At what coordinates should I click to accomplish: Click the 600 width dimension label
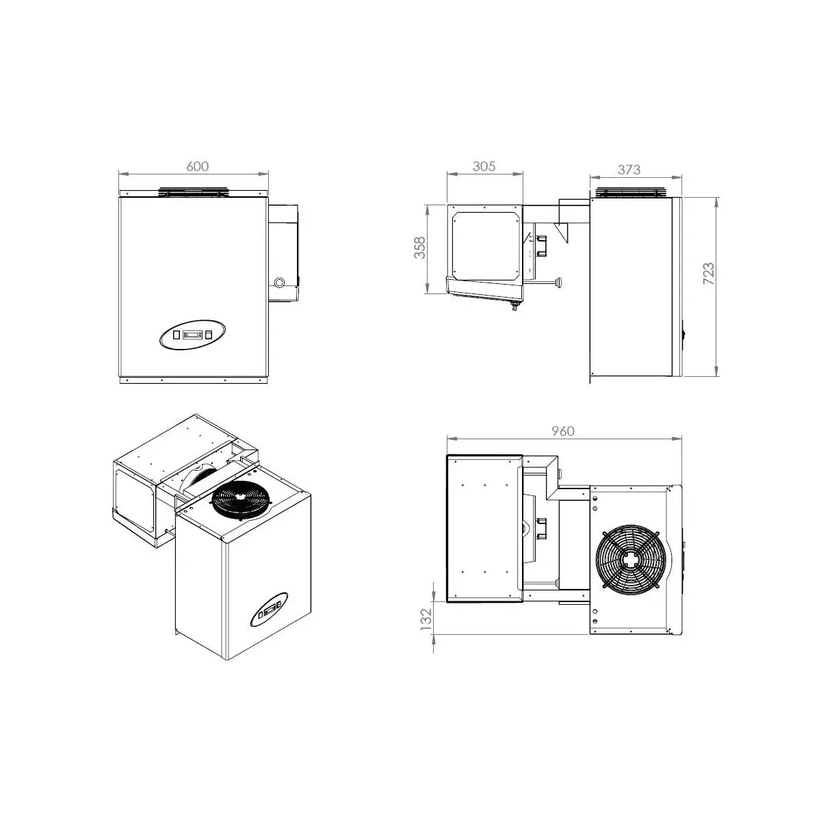(197, 166)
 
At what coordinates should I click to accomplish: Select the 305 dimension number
(484, 166)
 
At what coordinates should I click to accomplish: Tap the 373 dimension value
(629, 170)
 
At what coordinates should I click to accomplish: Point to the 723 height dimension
(708, 274)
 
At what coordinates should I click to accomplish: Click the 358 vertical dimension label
(419, 248)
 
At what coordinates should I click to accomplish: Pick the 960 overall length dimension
(563, 431)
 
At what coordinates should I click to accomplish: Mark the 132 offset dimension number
(426, 619)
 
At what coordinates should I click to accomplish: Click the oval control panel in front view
(192, 335)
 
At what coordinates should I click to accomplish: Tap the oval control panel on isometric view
(269, 610)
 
